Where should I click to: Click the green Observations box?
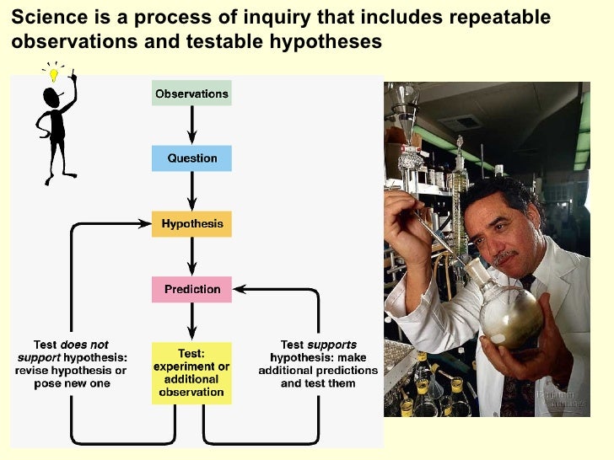coord(191,93)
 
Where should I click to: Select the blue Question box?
coord(191,158)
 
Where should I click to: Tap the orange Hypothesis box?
coord(191,223)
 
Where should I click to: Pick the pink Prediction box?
coord(191,289)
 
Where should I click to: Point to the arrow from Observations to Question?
coord(192,125)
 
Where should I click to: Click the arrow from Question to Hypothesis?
coord(192,190)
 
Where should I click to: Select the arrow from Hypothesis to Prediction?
coord(192,256)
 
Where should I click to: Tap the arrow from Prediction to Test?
coord(192,322)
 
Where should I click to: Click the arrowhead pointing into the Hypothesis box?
coord(145,224)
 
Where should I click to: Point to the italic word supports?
coord(331,345)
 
